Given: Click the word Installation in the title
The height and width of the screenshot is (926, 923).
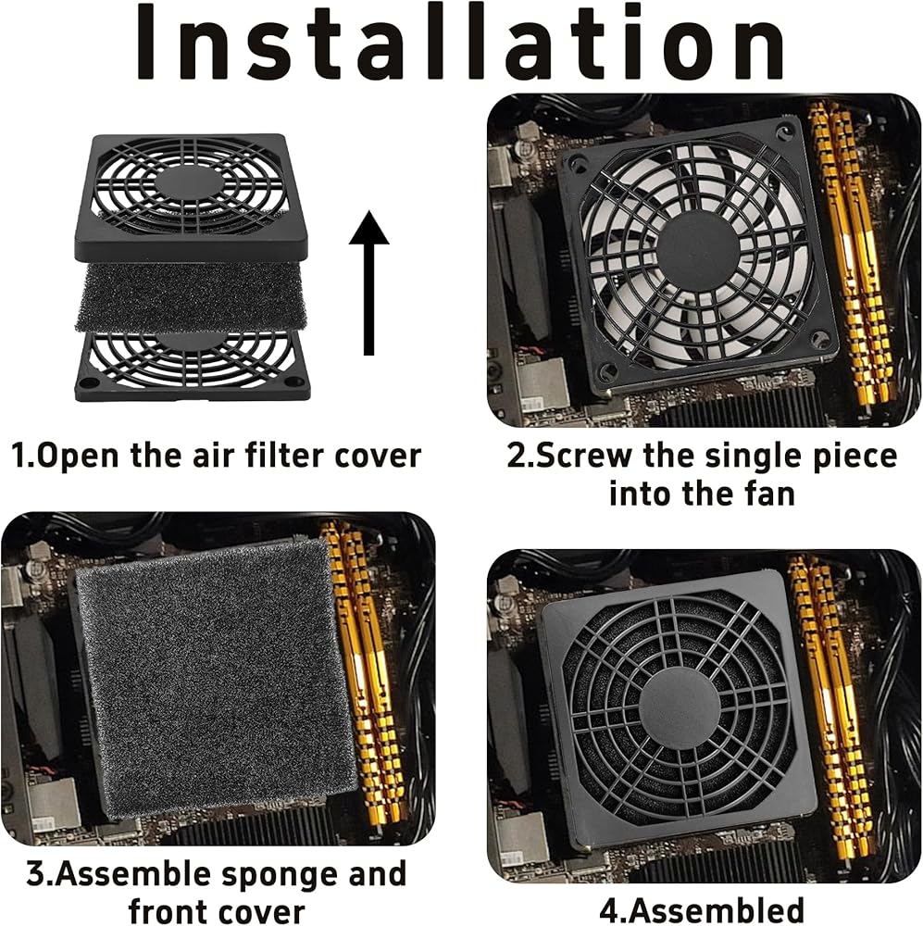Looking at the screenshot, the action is tap(460, 44).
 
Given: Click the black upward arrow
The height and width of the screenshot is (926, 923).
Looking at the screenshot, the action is tap(369, 282).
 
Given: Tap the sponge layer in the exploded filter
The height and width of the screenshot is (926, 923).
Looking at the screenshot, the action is tap(191, 297).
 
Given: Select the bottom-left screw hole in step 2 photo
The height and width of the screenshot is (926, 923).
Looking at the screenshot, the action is tap(605, 371).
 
